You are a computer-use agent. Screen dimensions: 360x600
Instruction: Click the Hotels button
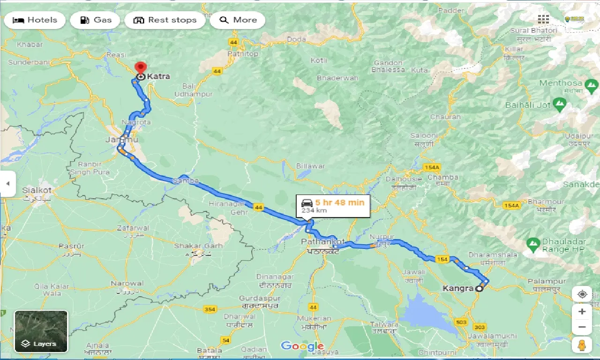point(35,20)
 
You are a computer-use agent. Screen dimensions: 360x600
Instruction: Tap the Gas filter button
point(95,20)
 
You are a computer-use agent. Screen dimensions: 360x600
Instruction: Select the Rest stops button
point(165,20)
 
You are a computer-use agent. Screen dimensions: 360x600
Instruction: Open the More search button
point(238,20)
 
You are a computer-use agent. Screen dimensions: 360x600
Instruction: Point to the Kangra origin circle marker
point(479,289)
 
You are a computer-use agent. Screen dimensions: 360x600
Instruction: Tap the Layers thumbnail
point(41,331)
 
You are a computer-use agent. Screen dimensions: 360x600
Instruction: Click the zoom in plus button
point(582,312)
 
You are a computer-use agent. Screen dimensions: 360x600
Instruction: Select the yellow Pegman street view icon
point(582,345)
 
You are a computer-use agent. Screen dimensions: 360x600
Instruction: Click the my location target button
point(582,294)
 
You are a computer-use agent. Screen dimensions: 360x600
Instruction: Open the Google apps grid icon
point(543,19)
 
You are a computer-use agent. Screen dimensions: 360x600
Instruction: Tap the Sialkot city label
point(37,190)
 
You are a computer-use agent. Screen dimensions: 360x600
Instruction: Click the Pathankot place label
point(322,241)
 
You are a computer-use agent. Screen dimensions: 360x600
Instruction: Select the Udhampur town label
point(193,94)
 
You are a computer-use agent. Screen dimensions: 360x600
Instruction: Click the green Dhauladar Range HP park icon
point(532,243)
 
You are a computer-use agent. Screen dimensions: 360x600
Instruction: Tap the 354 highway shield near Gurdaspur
point(210,309)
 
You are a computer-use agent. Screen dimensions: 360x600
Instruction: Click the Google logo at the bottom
point(302,346)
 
